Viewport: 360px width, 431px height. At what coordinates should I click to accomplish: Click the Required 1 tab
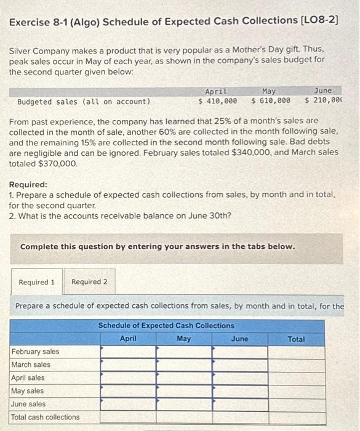[x=37, y=282]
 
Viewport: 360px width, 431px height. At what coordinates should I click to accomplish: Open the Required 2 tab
[x=89, y=282]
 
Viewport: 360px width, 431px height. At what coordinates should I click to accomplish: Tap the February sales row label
[x=35, y=352]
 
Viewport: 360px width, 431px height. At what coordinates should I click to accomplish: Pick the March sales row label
[x=31, y=365]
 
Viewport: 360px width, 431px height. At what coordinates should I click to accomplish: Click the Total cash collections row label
[x=45, y=417]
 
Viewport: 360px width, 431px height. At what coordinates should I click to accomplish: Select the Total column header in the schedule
[x=295, y=339]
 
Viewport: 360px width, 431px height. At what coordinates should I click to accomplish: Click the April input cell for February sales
[x=128, y=352]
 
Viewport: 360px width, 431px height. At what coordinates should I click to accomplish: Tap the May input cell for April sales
[x=184, y=377]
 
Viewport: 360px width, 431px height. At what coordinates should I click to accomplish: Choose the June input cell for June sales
[x=240, y=404]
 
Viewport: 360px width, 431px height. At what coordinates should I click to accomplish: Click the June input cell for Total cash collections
[x=240, y=417]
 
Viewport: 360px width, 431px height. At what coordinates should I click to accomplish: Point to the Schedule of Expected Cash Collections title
[x=166, y=326]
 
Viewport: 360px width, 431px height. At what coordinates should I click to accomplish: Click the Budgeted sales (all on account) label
[x=83, y=102]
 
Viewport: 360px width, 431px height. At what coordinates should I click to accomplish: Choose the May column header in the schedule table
[x=183, y=339]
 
